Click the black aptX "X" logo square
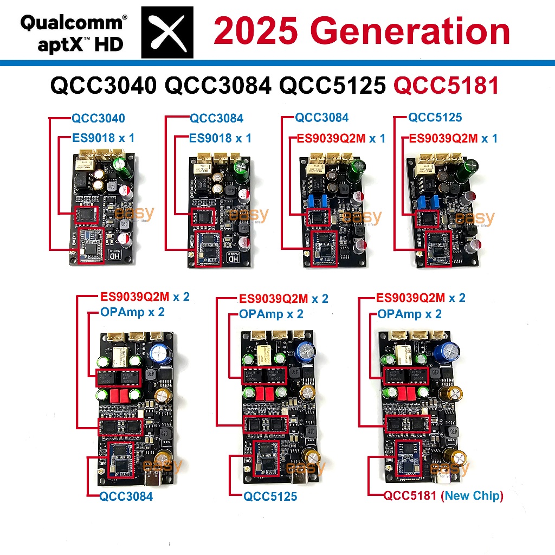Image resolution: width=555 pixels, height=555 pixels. (167, 32)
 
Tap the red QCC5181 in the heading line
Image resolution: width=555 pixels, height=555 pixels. (446, 86)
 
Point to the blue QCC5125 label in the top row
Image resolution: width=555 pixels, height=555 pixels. (435, 118)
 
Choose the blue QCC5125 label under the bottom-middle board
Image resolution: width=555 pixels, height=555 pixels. (270, 496)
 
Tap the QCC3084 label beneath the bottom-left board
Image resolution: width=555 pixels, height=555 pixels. (126, 496)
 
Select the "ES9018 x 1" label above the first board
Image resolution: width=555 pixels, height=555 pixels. (102, 138)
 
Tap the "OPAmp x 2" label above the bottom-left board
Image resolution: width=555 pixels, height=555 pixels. (132, 312)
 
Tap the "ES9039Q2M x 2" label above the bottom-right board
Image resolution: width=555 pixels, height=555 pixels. (420, 298)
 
